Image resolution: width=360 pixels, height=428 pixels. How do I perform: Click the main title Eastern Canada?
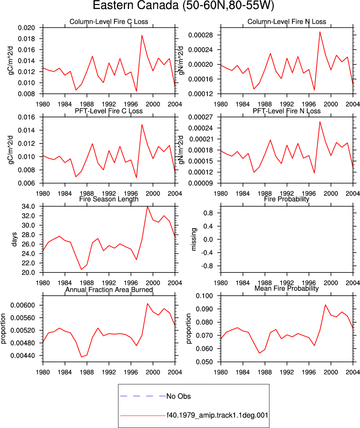click(135, 6)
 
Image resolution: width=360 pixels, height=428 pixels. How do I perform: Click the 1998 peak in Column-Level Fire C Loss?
click(142, 35)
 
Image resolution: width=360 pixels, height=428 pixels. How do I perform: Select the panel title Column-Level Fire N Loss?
click(286, 22)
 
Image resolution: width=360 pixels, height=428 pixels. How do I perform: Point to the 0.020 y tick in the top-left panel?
click(26, 28)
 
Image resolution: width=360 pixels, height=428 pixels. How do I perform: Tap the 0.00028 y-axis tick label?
click(200, 35)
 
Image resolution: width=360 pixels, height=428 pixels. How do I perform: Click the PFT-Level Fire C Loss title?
click(109, 111)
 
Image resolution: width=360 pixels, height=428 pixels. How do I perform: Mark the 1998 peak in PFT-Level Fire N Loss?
click(320, 122)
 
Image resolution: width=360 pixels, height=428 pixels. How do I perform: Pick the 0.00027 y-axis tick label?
click(200, 117)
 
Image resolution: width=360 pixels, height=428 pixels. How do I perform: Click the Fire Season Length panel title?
click(109, 199)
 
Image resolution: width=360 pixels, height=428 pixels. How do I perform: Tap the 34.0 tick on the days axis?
click(28, 207)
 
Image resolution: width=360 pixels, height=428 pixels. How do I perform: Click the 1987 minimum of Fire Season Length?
click(81, 269)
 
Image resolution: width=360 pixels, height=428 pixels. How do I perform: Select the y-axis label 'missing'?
click(194, 239)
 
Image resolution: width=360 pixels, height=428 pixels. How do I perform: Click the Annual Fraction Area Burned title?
click(109, 290)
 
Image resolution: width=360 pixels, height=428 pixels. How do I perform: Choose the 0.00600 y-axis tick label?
click(22, 305)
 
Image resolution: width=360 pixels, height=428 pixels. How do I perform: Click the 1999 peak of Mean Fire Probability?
click(325, 305)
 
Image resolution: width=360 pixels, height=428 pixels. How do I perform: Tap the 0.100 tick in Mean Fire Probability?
click(204, 296)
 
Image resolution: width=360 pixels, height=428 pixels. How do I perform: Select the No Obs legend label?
click(178, 396)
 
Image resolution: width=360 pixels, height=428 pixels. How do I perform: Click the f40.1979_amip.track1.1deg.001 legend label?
click(217, 415)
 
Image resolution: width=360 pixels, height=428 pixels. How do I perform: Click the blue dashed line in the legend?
click(143, 396)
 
